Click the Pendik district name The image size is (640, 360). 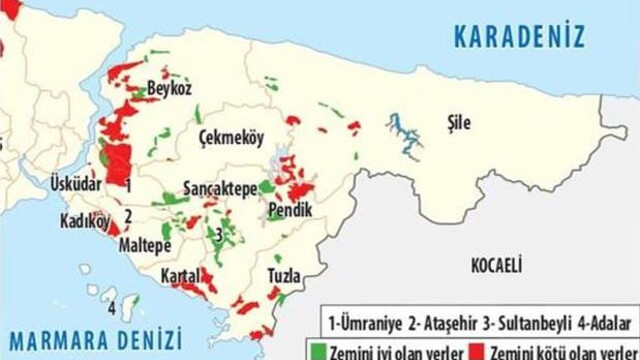pyautogui.click(x=290, y=211)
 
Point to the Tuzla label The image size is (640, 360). pyautogui.click(x=285, y=274)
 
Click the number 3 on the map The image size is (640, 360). pyautogui.click(x=218, y=234)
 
